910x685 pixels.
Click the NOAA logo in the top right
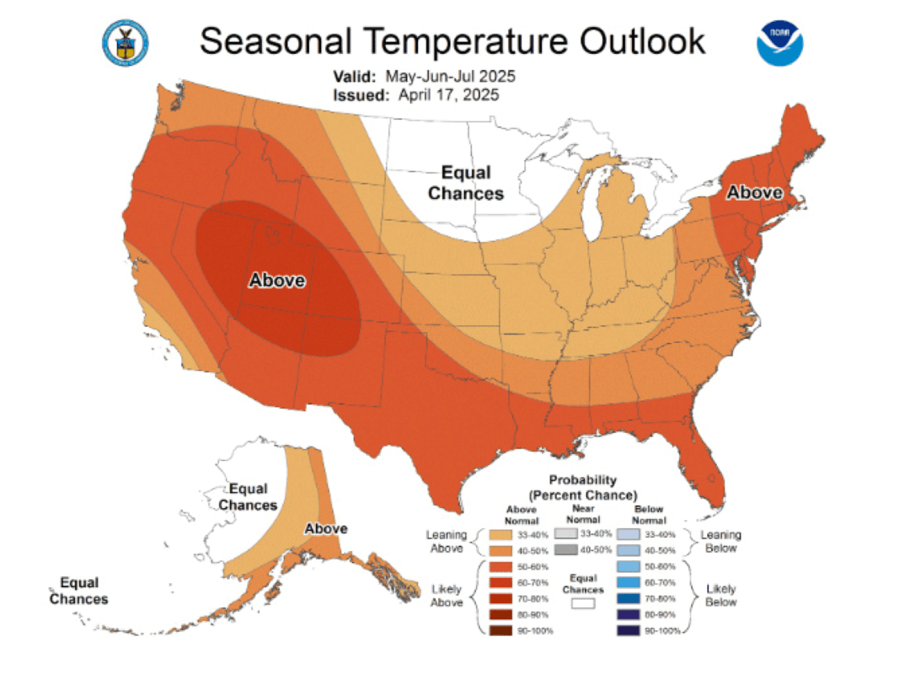pyautogui.click(x=781, y=42)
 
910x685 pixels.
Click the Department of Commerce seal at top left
pyautogui.click(x=125, y=42)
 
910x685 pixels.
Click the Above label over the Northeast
pyautogui.click(x=755, y=192)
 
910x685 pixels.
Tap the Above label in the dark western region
pyautogui.click(x=276, y=281)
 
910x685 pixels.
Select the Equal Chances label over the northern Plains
pyautogui.click(x=466, y=183)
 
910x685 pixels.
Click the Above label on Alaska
pyautogui.click(x=325, y=528)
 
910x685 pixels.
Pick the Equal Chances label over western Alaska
pyautogui.click(x=249, y=497)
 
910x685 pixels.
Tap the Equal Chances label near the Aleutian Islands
pyautogui.click(x=78, y=591)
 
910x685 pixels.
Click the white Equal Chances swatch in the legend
pyautogui.click(x=583, y=603)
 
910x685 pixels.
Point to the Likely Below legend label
pyautogui.click(x=721, y=595)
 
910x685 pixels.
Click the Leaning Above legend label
pyautogui.click(x=446, y=542)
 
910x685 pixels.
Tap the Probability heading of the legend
pyautogui.click(x=582, y=480)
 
